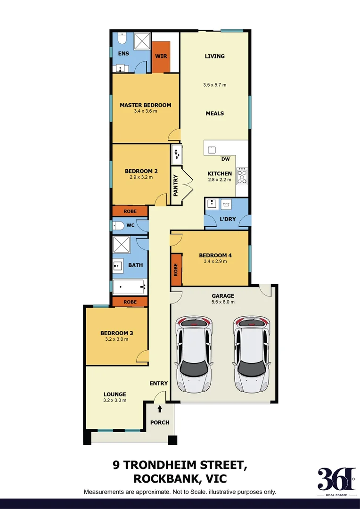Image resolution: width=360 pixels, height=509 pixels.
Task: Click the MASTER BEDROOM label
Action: coord(145,105)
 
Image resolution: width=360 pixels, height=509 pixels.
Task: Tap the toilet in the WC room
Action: coord(118,226)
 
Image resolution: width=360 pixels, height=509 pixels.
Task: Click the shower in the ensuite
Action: coord(140,42)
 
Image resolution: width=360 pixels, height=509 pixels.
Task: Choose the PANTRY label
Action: coord(176,185)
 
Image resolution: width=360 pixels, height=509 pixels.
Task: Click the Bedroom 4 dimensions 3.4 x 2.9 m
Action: coord(215,261)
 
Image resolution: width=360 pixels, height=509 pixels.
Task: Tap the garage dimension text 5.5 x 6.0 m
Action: coord(223,302)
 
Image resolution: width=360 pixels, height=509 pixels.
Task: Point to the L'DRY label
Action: coord(228,219)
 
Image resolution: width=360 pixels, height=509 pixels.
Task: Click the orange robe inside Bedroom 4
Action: coord(176,270)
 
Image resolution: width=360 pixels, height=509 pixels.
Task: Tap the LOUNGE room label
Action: coord(115,394)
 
